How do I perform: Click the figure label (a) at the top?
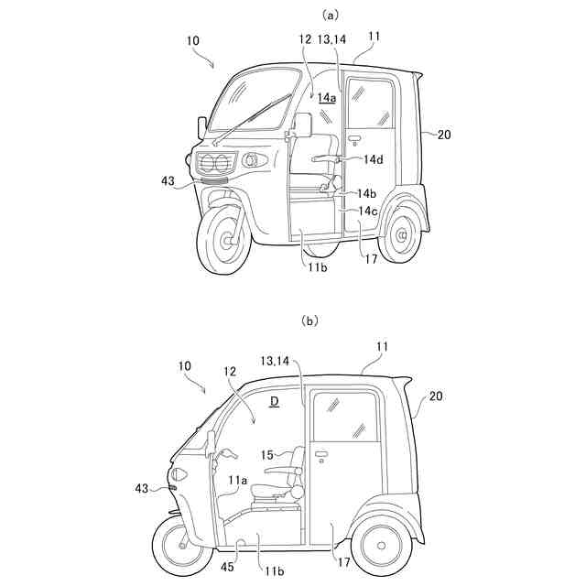(x=306, y=15)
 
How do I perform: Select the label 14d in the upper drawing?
(x=373, y=160)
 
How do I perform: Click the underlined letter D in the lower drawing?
(x=273, y=402)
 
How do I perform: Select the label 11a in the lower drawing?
(x=238, y=480)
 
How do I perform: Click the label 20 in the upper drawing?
(x=443, y=135)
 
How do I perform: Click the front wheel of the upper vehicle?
(x=222, y=239)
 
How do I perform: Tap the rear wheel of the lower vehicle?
(x=381, y=546)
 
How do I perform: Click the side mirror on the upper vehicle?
(x=303, y=125)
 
